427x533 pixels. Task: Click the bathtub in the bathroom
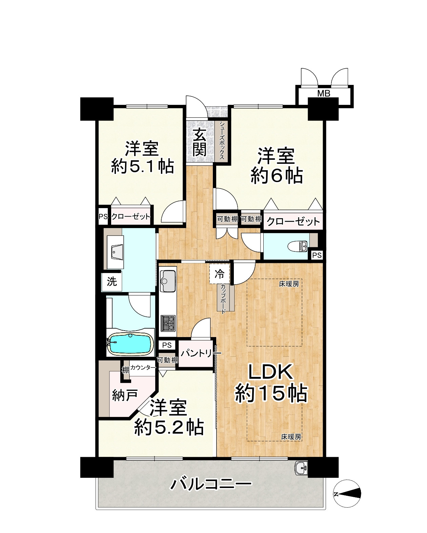tap(130, 344)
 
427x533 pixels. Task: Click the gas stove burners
tap(168, 323)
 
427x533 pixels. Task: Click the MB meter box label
tap(324, 93)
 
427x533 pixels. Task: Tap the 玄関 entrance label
tap(200, 143)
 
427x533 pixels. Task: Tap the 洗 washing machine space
tap(112, 281)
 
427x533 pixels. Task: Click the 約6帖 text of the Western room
tap(277, 176)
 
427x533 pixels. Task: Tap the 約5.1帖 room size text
tap(143, 166)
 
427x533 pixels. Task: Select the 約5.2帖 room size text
tap(169, 427)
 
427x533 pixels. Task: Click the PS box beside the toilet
tap(317, 255)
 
